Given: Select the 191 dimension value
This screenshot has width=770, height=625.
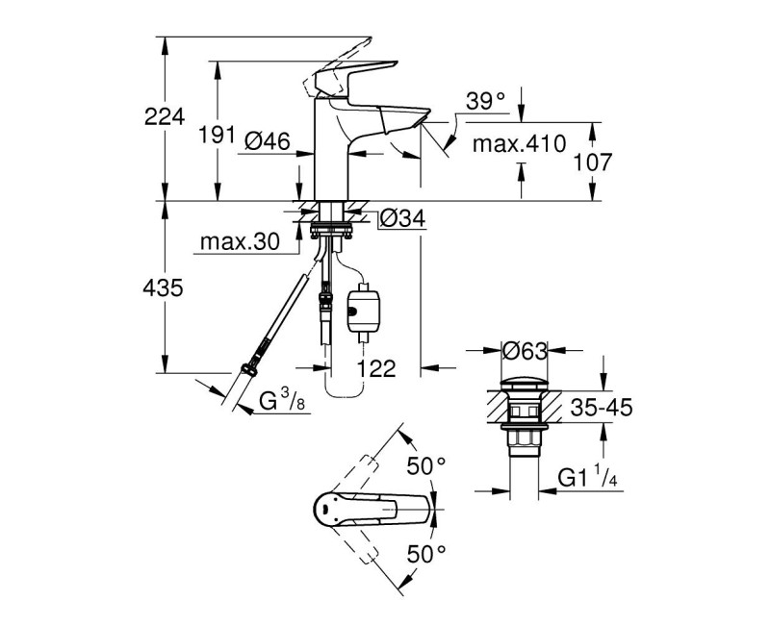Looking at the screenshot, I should click(217, 136).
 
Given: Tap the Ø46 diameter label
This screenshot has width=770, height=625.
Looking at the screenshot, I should click(268, 141).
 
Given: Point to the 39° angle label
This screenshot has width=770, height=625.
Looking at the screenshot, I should click(485, 100).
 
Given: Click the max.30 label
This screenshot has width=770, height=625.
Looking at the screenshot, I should click(240, 243).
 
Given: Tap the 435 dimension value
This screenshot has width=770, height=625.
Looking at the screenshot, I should click(165, 287).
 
